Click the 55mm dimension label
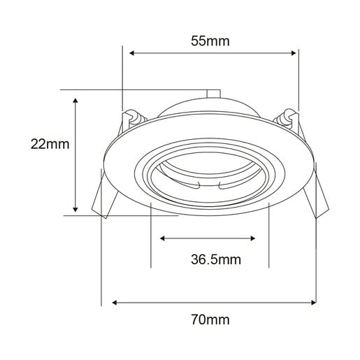(210, 41)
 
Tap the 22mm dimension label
(50, 144)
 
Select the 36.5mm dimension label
(216, 259)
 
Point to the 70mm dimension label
(210, 319)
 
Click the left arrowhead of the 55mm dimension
(131, 53)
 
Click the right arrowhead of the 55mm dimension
(294, 53)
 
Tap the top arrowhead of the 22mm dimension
(75, 101)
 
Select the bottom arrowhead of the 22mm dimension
(75, 210)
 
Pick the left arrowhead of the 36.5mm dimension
(162, 238)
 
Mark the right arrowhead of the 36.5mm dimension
(252, 238)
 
